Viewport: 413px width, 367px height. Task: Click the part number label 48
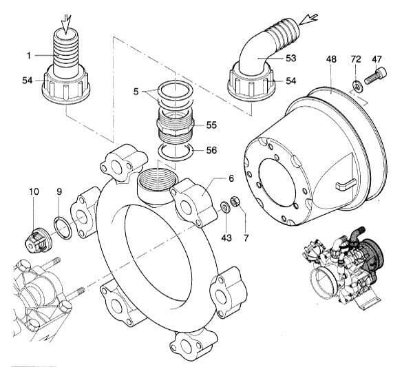pyautogui.click(x=332, y=60)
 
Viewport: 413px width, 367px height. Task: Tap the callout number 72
pyautogui.click(x=356, y=60)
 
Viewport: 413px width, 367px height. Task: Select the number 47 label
pyautogui.click(x=377, y=60)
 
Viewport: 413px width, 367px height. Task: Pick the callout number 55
pyautogui.click(x=211, y=125)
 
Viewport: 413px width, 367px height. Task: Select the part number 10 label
pyautogui.click(x=34, y=190)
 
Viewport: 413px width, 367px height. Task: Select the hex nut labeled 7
pyautogui.click(x=234, y=202)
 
